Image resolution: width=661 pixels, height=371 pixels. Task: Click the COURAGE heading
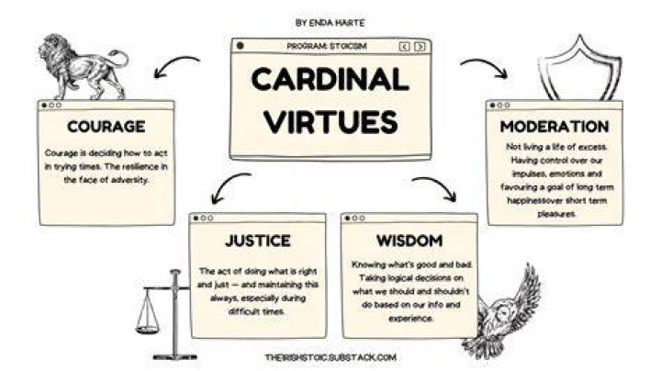click(106, 127)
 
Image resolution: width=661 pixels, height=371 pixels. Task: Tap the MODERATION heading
click(555, 127)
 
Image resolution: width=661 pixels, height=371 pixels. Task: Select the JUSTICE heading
click(258, 241)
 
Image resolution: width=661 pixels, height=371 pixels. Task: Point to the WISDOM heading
click(409, 241)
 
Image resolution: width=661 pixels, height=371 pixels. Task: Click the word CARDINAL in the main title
click(330, 79)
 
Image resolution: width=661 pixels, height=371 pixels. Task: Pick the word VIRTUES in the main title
click(330, 121)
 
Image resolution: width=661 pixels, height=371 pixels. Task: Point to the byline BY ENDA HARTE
click(330, 23)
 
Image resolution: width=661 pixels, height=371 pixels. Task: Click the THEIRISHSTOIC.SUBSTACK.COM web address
click(330, 357)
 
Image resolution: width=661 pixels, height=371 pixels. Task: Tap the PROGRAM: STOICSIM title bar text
click(327, 46)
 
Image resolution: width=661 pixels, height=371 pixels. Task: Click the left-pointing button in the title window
click(404, 46)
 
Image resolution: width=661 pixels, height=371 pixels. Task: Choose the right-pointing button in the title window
click(420, 46)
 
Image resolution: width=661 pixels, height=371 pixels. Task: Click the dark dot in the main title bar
click(240, 46)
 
